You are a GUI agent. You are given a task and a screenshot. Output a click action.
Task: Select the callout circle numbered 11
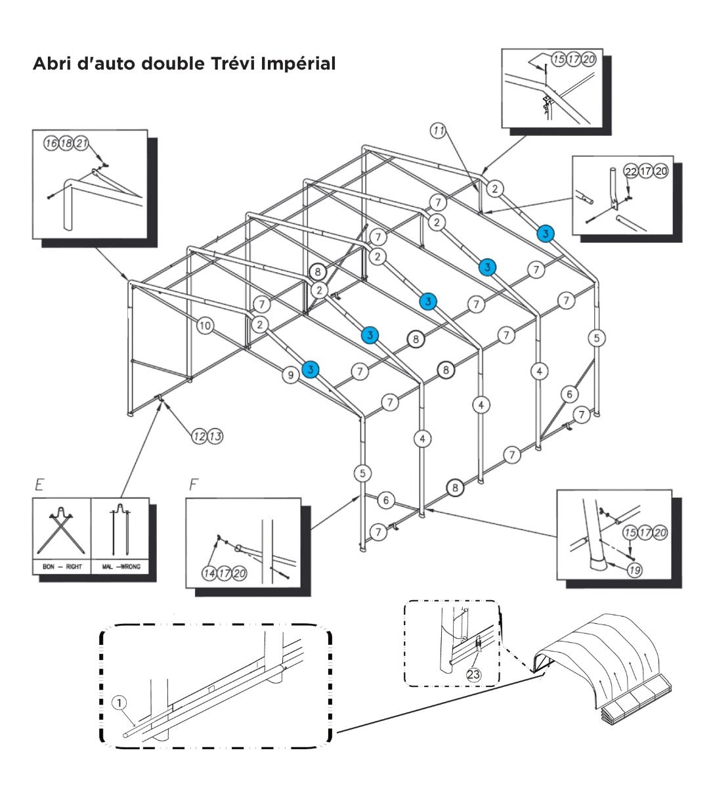tap(438, 130)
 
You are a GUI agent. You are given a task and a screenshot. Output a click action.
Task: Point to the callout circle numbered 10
tap(205, 324)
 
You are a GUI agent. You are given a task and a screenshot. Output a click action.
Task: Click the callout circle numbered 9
tap(290, 375)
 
